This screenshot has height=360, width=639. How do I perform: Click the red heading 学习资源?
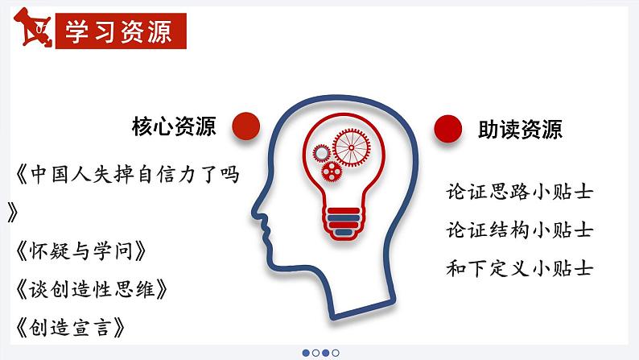tap(119, 31)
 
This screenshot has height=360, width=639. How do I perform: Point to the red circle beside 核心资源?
tap(245, 126)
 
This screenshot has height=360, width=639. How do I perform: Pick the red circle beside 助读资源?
tap(447, 127)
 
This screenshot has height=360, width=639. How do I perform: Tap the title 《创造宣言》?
tap(71, 327)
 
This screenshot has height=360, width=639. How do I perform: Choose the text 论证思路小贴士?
tap(519, 192)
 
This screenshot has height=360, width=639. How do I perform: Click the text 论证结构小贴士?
tap(519, 230)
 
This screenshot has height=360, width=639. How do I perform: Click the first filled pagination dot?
tap(306, 352)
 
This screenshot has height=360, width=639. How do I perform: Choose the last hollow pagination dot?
tap(336, 352)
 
